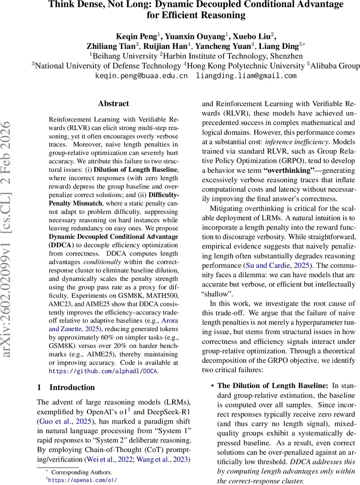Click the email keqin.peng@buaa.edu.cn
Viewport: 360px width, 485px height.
point(141,76)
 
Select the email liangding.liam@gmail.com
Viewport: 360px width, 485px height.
point(246,76)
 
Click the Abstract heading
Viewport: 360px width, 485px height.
point(114,103)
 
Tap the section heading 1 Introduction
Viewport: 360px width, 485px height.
point(66,387)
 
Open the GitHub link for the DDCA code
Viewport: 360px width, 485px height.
point(104,371)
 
